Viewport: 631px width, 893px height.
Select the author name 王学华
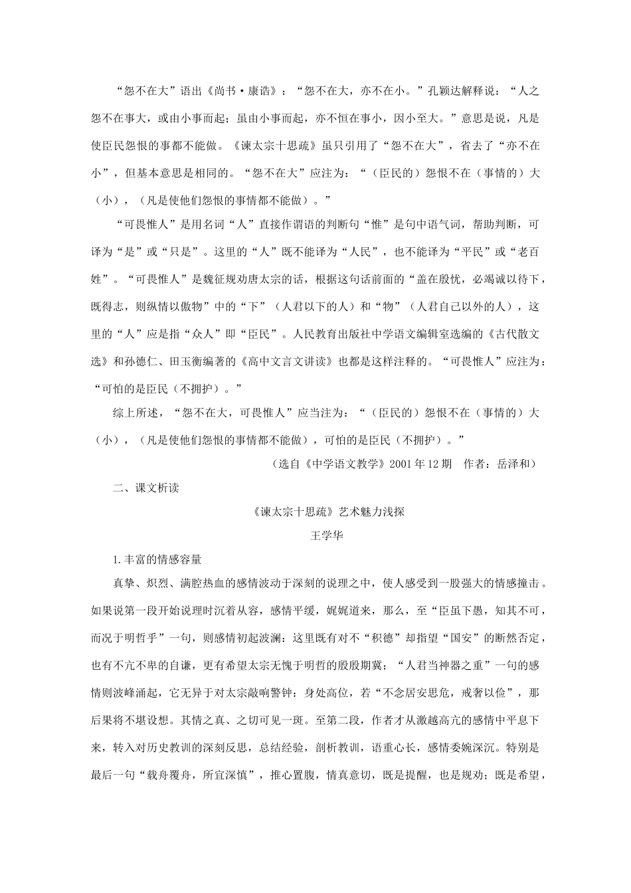pos(327,536)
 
